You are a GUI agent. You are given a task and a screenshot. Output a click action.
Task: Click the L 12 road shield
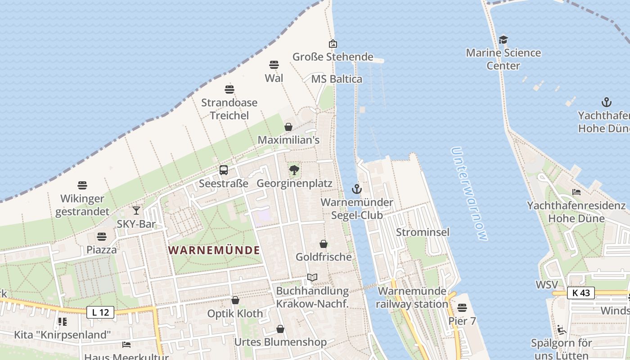[x=100, y=312]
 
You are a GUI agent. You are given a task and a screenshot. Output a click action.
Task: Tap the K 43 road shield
[x=580, y=293]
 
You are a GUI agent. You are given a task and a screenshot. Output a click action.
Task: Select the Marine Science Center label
[x=503, y=59]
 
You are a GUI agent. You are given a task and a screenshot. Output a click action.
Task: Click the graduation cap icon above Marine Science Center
[x=503, y=40]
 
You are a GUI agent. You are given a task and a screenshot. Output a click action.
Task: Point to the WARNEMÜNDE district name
[x=215, y=250]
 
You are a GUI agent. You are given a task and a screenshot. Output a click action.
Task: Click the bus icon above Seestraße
[x=224, y=170]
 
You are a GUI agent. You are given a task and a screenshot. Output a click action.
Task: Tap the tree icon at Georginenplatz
[x=294, y=170]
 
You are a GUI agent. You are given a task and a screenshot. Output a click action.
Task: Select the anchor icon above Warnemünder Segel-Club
[x=357, y=189]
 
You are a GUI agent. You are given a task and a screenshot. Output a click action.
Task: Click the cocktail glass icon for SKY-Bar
[x=136, y=210]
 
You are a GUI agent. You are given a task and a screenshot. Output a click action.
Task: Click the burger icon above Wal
[x=274, y=65]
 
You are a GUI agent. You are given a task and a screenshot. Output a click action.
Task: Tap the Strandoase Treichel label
[x=229, y=109]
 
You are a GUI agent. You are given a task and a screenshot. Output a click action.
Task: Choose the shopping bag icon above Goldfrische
[x=323, y=244]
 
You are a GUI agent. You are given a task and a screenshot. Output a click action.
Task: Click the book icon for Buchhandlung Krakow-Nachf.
[x=312, y=277]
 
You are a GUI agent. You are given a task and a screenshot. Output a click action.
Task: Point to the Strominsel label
[x=423, y=232]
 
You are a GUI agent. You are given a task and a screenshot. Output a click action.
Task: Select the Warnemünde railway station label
[x=412, y=297]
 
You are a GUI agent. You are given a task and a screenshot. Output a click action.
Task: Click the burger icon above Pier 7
[x=462, y=308]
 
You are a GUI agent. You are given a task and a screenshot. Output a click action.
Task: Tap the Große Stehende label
[x=333, y=57]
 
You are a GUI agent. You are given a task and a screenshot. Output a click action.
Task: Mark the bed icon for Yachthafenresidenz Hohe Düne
[x=576, y=192]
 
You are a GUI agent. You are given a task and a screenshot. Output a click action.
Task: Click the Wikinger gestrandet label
[x=82, y=205]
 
